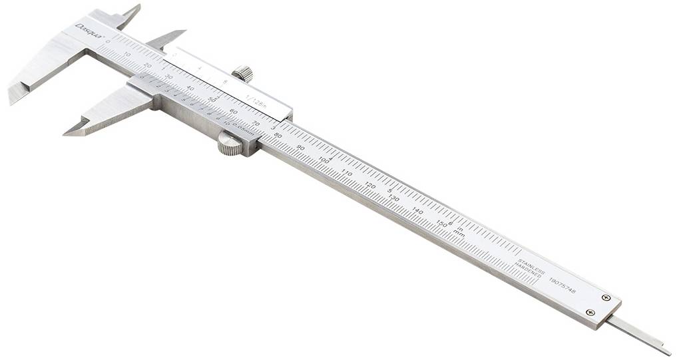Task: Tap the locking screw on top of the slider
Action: coord(244,73)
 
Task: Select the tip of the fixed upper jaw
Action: coord(138,7)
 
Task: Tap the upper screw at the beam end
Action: coord(606,297)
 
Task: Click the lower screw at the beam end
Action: coord(590,312)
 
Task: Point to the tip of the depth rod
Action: coord(668,351)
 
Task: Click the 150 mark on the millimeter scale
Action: coord(441,223)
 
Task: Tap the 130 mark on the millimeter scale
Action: coord(394,198)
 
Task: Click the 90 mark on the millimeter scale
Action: coord(301,148)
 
